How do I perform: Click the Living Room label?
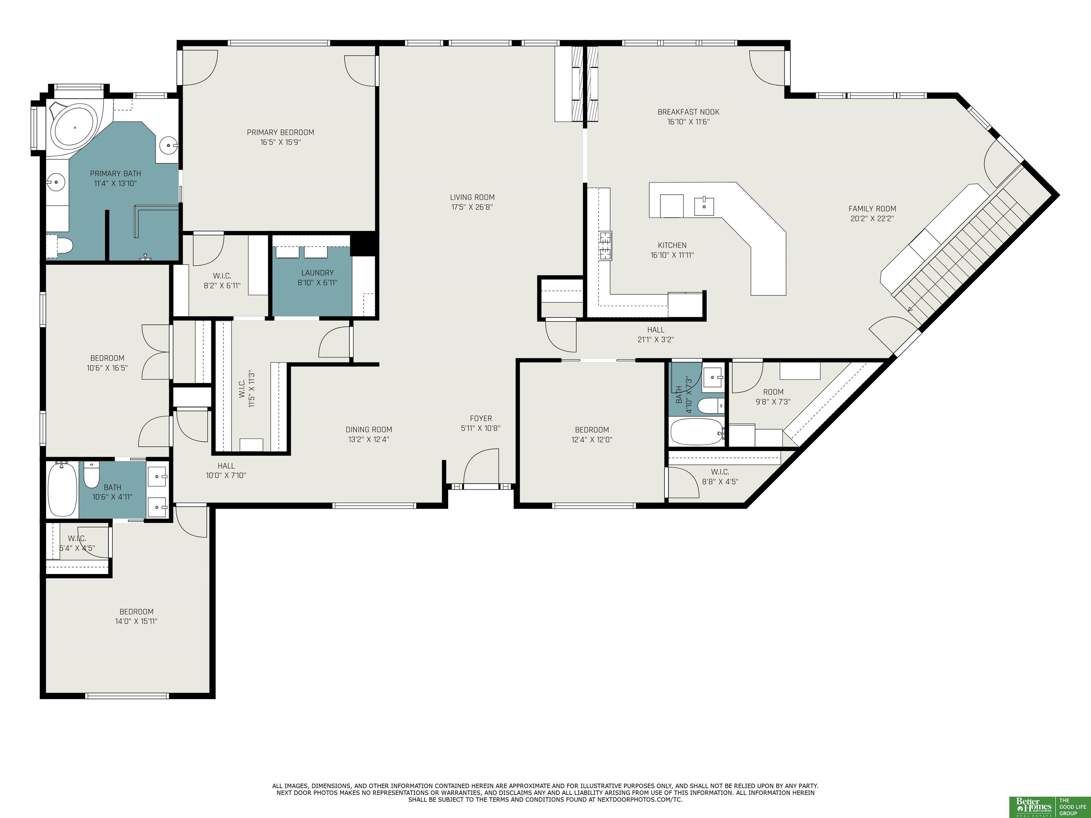tap(472, 197)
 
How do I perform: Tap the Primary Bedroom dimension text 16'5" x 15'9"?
tap(280, 142)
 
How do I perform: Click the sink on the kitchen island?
tap(704, 206)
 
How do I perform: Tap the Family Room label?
tap(872, 208)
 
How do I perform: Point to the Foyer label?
tap(481, 419)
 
